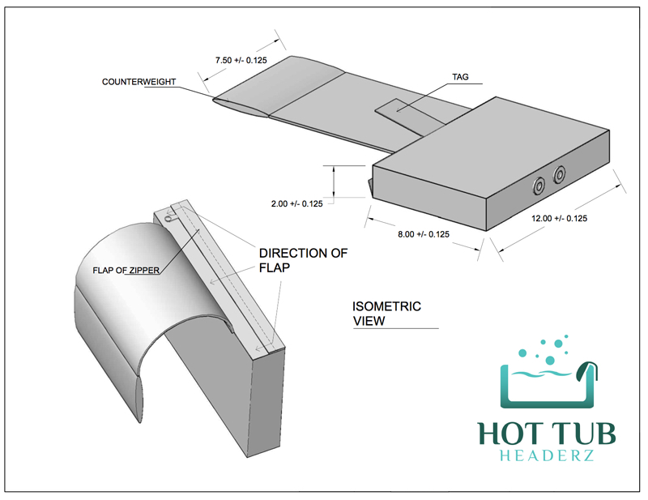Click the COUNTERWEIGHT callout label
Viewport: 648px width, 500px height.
pos(139,82)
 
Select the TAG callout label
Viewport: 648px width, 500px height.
pos(460,77)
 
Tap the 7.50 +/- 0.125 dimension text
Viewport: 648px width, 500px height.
pos(241,61)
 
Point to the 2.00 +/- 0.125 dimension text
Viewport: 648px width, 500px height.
pos(296,203)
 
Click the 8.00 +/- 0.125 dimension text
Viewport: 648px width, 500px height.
pos(424,234)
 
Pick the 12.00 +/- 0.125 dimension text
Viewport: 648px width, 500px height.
pos(559,218)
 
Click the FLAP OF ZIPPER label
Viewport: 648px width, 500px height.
pos(126,271)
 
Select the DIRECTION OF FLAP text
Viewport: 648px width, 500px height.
pos(303,260)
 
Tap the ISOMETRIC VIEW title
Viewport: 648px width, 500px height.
pos(386,314)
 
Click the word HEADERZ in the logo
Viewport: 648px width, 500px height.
pos(548,455)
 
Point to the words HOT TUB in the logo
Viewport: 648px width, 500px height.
pos(548,434)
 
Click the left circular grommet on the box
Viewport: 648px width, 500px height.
pos(539,186)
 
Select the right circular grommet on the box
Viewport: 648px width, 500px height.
pos(559,174)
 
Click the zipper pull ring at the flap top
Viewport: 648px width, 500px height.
pos(168,219)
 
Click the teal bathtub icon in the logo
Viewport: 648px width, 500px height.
pos(548,385)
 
